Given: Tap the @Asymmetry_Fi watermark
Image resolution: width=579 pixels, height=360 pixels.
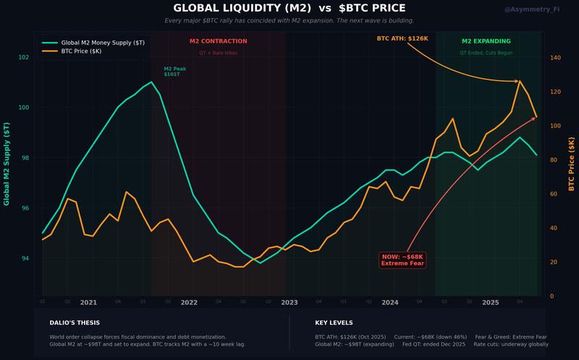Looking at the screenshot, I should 531,9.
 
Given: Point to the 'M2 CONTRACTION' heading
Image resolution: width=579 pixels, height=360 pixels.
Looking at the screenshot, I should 218,41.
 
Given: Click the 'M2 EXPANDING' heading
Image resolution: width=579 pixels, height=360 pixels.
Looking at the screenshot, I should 486,41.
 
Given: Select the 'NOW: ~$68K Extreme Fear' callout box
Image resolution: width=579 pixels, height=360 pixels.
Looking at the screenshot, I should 403,260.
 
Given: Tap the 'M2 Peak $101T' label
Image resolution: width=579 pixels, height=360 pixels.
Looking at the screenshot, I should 175,72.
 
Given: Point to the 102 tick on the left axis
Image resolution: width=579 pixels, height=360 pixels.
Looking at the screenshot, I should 24,57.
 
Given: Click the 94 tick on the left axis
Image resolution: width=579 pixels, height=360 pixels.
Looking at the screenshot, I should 26,259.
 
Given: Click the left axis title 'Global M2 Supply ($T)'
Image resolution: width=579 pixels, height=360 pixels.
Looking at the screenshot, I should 7,164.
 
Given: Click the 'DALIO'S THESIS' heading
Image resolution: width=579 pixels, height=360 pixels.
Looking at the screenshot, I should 75,322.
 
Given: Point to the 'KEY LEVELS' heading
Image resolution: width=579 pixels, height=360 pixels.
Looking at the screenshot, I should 334,322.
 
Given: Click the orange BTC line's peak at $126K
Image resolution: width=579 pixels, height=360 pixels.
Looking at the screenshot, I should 519,81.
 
